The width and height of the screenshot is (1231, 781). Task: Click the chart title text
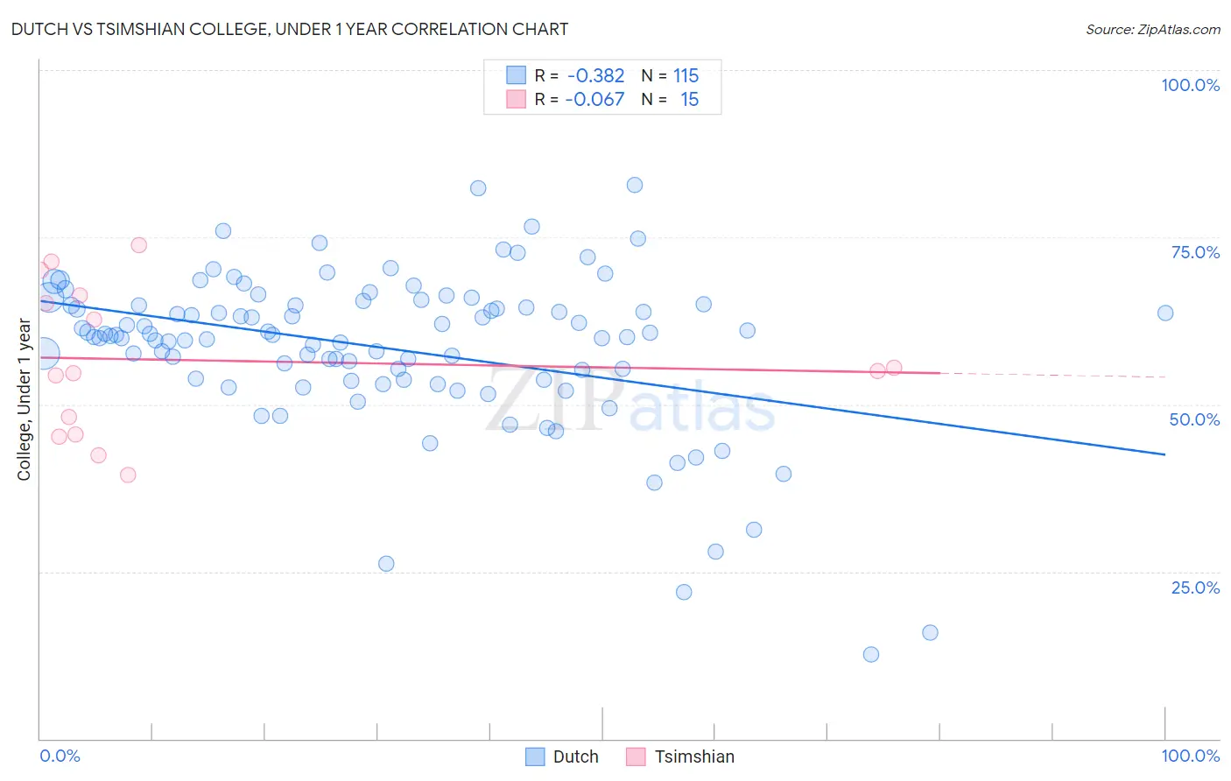(x=290, y=30)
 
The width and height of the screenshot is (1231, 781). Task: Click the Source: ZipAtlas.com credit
(x=1152, y=30)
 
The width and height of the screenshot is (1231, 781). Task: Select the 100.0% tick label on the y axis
(x=1190, y=85)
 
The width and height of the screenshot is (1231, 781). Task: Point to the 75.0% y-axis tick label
(x=1195, y=252)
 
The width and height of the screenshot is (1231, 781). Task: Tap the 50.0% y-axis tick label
(x=1194, y=419)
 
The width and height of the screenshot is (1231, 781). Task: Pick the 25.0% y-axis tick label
(x=1195, y=588)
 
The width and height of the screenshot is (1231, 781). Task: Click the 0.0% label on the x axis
(x=60, y=756)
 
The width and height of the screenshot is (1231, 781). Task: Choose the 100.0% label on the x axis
(x=1190, y=756)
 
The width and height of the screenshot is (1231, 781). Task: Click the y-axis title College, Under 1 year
(x=25, y=400)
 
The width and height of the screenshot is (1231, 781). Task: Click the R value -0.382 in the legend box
(x=595, y=76)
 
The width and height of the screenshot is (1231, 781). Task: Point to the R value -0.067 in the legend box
(x=594, y=100)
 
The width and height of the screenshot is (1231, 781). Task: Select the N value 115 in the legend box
(x=686, y=76)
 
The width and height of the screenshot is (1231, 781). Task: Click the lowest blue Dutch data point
(x=870, y=654)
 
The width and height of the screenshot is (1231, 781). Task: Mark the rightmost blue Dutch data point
(x=1164, y=313)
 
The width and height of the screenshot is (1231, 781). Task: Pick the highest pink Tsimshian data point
(x=138, y=245)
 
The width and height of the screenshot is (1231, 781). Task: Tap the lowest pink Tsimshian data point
(x=128, y=475)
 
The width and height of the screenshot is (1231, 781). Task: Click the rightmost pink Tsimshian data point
(x=894, y=368)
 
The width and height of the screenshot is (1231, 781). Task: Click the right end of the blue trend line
(x=1164, y=454)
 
